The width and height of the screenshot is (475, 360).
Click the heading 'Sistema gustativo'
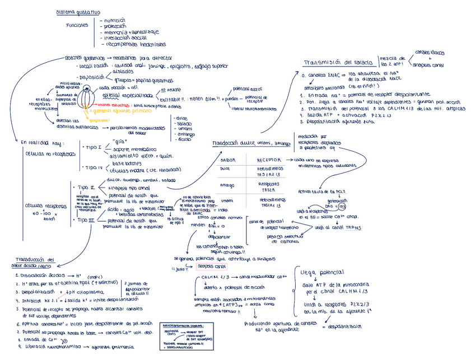[78, 12]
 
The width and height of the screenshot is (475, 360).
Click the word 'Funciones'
[77, 26]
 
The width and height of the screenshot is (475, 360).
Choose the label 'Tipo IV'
[93, 167]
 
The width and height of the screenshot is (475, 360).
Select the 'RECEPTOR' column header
[269, 160]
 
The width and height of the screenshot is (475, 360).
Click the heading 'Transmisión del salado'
[338, 62]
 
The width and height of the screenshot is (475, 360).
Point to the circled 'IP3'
[342, 206]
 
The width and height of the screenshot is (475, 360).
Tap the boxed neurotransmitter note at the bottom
[183, 335]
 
